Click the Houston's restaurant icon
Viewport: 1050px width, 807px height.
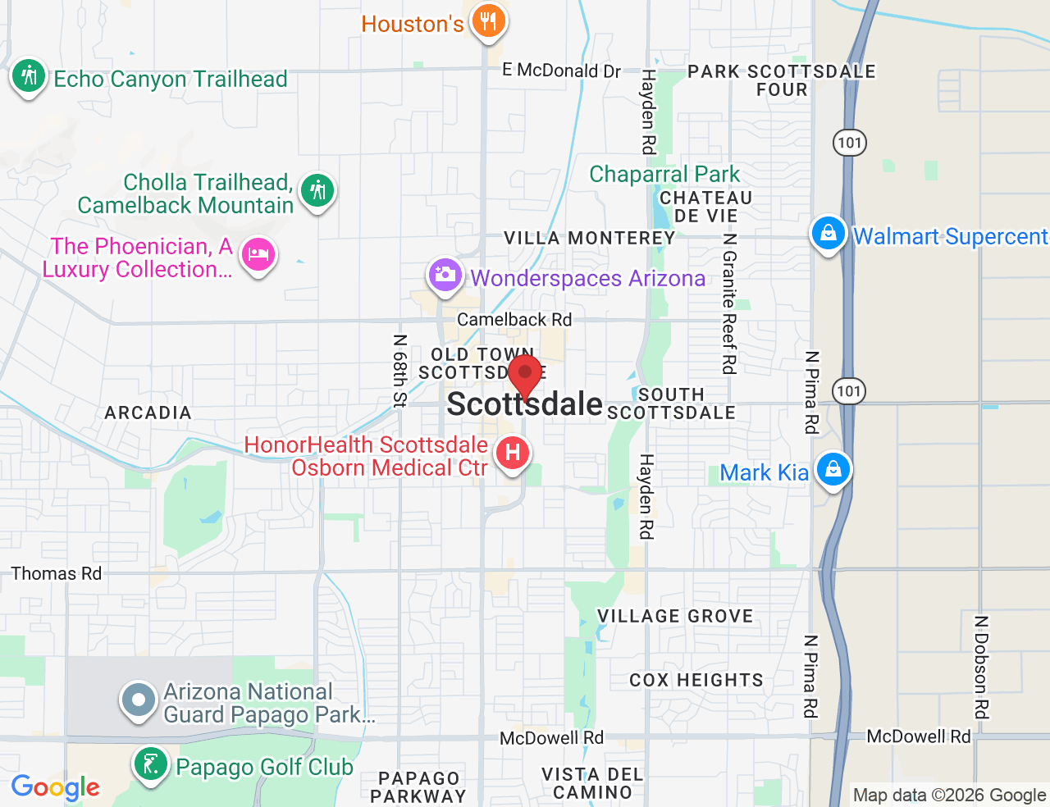coord(488,21)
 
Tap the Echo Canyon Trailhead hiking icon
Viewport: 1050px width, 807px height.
coord(29,76)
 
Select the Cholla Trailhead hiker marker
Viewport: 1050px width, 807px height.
coord(317,191)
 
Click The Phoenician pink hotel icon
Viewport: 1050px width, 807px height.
coord(258,254)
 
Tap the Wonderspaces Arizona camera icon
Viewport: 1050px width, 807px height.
coord(445,275)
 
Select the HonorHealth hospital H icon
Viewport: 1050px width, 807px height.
coord(513,453)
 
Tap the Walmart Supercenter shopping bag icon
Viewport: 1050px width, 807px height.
coord(828,233)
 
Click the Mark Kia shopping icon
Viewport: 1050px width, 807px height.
coord(833,470)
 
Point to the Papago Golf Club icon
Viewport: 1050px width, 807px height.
coord(150,764)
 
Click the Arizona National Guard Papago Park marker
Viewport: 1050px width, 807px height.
coord(139,700)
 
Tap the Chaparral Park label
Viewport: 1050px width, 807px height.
coord(664,174)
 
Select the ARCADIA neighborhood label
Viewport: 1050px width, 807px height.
coord(148,413)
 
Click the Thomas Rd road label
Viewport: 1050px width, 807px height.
coord(57,573)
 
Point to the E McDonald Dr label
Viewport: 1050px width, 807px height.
coord(562,71)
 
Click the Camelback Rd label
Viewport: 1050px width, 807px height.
coord(514,319)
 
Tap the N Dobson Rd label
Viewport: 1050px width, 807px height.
coord(981,667)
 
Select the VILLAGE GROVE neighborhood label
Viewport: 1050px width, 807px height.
coord(674,616)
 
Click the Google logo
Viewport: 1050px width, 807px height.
coord(56,787)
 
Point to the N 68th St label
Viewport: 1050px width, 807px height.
coord(399,371)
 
